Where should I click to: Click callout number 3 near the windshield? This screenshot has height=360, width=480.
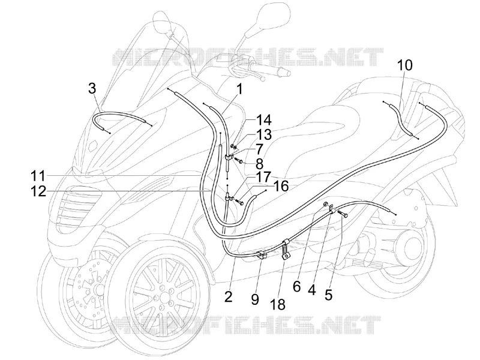tap(92, 89)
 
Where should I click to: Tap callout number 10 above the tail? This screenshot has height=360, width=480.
tap(405, 65)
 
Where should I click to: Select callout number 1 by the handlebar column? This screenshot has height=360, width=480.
tap(239, 89)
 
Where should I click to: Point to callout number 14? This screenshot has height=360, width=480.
tap(263, 121)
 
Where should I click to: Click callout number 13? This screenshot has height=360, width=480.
tap(263, 134)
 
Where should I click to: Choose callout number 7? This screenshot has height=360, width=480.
tap(259, 149)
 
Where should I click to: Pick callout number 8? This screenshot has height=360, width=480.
tap(259, 164)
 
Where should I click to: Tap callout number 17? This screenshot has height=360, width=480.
tap(263, 176)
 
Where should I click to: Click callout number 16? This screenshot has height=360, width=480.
tap(281, 186)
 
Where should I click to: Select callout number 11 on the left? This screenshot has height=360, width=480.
tap(38, 176)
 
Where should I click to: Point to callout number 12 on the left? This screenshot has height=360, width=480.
tap(38, 191)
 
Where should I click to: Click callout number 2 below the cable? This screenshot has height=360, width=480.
tap(228, 296)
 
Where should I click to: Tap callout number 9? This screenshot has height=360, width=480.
tap(254, 299)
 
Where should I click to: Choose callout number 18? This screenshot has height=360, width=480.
tap(278, 304)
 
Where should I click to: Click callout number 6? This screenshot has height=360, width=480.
tap(296, 287)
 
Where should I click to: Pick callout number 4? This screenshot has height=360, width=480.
tap(311, 290)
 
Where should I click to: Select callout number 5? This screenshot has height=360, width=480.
tap(328, 295)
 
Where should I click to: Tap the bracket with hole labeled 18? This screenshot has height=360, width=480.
tap(285, 250)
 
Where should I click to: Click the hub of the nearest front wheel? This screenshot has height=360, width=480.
tap(161, 296)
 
